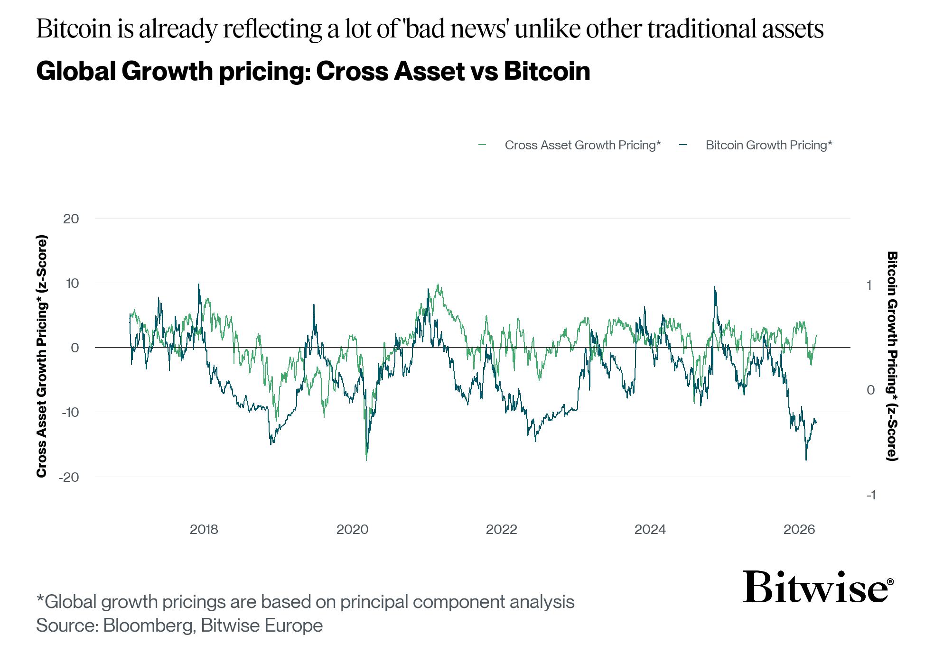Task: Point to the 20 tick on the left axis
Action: (71, 219)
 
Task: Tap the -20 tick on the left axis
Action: (68, 477)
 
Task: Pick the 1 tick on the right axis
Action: (869, 285)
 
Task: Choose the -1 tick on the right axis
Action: (871, 495)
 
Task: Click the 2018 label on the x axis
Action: (204, 529)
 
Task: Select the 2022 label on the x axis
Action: (501, 529)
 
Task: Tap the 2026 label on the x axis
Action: (799, 529)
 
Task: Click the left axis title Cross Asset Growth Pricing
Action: (42, 356)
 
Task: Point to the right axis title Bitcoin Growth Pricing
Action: (892, 356)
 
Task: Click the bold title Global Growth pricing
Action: (313, 72)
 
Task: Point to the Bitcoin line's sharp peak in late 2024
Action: (714, 287)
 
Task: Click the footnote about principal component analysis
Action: (305, 602)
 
